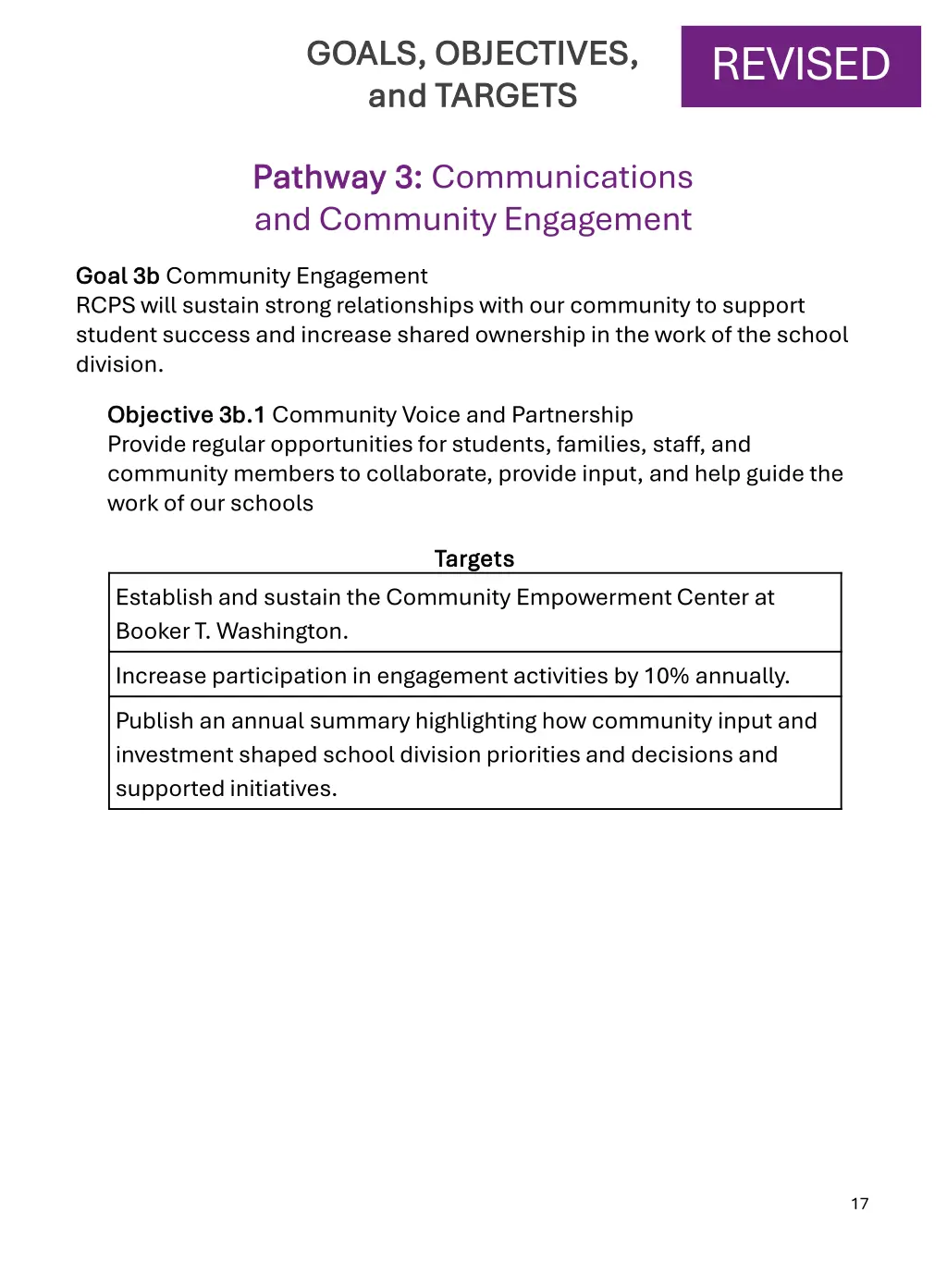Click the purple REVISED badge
coord(801,66)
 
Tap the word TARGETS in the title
coord(506,96)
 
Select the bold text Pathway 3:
coord(338,177)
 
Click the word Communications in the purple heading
coord(562,177)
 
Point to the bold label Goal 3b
coord(117,276)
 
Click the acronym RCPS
coord(105,305)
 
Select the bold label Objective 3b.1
coord(186,414)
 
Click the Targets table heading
coord(474,558)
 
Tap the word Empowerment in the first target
coord(593,597)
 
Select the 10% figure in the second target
coord(666,676)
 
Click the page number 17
coord(860,1203)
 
